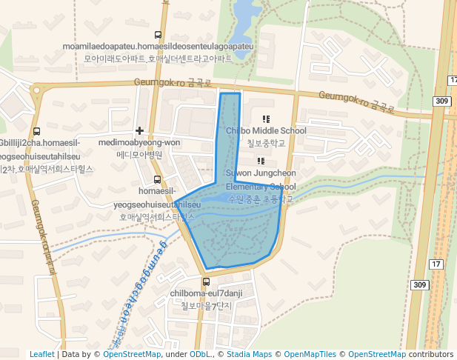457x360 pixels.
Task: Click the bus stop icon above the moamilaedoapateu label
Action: click(x=157, y=35)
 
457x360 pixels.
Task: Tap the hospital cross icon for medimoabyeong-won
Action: click(x=139, y=130)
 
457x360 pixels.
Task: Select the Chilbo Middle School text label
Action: click(x=266, y=131)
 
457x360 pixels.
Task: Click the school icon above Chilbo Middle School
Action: click(x=266, y=119)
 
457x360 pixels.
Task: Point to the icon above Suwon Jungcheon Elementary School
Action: click(x=261, y=161)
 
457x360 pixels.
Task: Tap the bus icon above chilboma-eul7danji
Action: click(x=207, y=281)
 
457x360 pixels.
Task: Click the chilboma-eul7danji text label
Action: click(x=207, y=293)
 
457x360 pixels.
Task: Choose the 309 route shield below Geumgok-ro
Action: click(x=442, y=101)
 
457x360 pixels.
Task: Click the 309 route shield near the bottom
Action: click(x=420, y=284)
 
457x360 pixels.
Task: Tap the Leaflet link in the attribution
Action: click(x=41, y=354)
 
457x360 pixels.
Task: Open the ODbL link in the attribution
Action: click(x=200, y=354)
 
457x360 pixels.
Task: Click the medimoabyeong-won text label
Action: click(x=139, y=143)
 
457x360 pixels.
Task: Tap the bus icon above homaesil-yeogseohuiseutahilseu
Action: click(x=156, y=179)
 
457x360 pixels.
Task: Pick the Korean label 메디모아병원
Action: click(x=139, y=155)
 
